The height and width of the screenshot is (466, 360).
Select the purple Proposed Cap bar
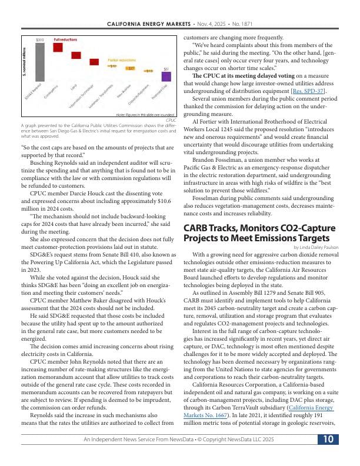166,76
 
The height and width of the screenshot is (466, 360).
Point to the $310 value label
40,39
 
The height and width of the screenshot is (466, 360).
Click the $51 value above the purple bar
166,69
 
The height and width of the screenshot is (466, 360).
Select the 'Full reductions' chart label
65,39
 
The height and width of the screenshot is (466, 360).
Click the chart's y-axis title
24,61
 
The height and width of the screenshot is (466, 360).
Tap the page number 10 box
328,440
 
